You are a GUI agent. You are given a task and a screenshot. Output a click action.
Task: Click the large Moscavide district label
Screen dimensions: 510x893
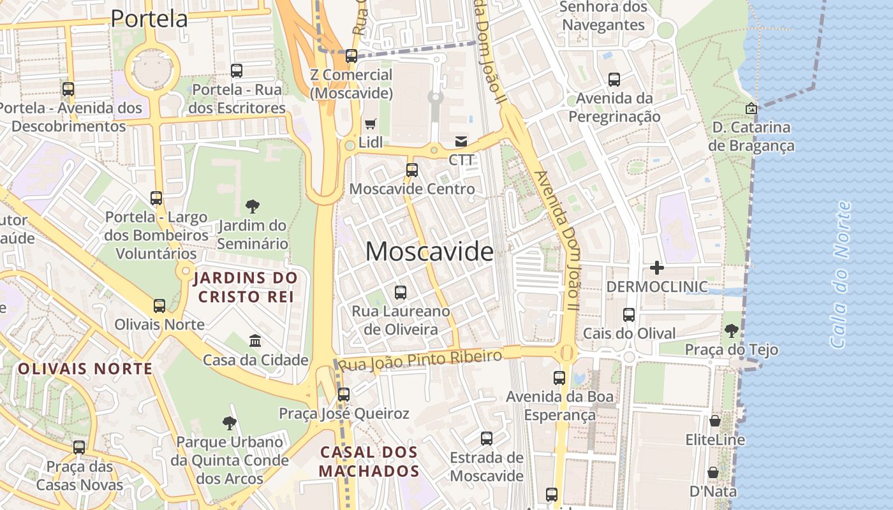point(429,252)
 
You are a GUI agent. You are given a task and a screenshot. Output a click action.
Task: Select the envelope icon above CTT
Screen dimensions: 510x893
point(461,142)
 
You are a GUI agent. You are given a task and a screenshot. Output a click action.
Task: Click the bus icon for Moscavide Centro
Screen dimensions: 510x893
point(412,170)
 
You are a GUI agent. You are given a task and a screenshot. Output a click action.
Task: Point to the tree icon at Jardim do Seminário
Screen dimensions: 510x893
point(253,207)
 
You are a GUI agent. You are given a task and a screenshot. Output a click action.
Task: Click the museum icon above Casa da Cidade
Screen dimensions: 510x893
point(255,341)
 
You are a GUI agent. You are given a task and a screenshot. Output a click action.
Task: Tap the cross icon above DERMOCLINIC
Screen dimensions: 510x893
point(656,268)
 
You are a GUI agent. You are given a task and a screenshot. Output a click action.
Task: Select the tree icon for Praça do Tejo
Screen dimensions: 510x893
point(731,331)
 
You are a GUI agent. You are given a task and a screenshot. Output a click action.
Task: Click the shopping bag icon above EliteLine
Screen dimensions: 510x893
point(715,421)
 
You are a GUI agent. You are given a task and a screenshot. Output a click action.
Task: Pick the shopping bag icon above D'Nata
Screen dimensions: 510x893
point(713,473)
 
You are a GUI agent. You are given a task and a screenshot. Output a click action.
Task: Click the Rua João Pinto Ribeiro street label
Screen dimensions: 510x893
point(420,360)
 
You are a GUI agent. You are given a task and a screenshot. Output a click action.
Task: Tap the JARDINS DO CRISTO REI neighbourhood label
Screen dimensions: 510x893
point(246,288)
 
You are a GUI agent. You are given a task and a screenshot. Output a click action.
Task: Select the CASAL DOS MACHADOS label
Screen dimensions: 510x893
point(369,462)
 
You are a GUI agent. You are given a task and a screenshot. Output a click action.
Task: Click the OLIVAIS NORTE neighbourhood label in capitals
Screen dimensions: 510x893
point(85,368)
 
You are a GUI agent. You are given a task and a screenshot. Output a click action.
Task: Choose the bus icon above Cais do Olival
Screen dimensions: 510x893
point(629,315)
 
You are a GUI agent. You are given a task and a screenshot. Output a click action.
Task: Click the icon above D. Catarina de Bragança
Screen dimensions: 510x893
point(751,109)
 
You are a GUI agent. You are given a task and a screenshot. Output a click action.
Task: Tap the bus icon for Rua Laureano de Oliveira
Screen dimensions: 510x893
point(401,293)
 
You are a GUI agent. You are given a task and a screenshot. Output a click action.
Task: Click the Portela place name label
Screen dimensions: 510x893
point(149,18)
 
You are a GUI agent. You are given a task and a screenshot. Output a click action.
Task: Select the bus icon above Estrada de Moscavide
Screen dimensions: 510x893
point(487,439)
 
